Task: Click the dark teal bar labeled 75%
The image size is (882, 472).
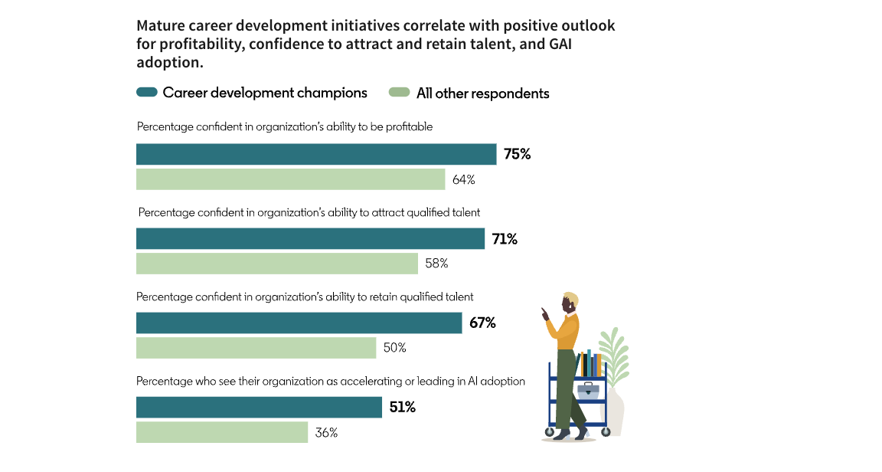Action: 316,154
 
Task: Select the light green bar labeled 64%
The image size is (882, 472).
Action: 291,179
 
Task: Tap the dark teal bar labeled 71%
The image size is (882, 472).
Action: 310,238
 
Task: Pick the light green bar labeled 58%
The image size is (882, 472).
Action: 277,264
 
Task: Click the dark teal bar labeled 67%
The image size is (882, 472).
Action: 299,323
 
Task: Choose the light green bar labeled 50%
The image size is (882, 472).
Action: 256,348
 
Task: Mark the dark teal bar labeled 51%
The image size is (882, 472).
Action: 259,407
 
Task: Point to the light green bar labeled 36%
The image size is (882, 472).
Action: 222,432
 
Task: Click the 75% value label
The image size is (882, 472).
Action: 517,154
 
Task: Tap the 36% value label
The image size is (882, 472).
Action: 326,432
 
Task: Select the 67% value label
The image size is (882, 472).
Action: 482,323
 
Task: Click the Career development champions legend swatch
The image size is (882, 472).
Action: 147,93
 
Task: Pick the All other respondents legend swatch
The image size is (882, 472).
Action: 400,93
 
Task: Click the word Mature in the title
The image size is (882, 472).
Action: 160,26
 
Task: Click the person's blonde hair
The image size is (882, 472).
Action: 570,298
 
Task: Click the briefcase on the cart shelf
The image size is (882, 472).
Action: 588,390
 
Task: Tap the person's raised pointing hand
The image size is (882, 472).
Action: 545,313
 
